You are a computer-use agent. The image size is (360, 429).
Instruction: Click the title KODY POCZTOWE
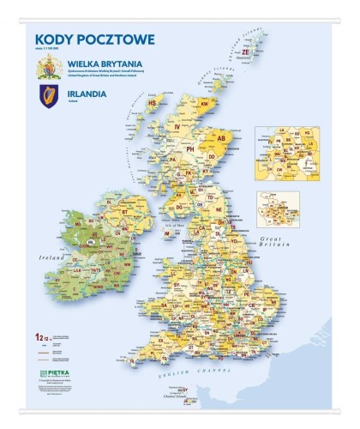click(x=94, y=39)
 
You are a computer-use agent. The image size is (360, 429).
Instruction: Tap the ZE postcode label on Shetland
click(x=246, y=52)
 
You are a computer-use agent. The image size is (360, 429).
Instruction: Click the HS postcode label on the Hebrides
click(x=153, y=103)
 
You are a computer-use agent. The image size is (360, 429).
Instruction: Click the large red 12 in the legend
click(x=37, y=336)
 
